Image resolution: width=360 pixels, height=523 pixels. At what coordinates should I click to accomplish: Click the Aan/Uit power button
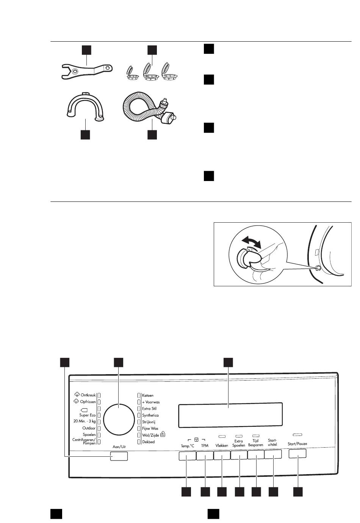(x=119, y=456)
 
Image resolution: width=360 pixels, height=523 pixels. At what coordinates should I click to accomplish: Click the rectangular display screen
(x=230, y=414)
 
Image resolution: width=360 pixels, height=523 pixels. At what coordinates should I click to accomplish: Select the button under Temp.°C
(x=187, y=456)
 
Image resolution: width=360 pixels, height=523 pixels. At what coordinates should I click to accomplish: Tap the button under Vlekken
(x=222, y=455)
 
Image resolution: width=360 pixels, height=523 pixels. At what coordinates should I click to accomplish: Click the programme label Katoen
(x=148, y=395)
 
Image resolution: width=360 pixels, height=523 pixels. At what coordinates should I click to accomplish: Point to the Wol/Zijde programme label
(x=150, y=435)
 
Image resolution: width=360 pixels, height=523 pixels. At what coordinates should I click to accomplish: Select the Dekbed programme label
(x=148, y=442)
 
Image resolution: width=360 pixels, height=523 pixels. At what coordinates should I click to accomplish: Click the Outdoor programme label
(x=89, y=428)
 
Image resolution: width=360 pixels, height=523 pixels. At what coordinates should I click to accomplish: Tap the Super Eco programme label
(x=87, y=415)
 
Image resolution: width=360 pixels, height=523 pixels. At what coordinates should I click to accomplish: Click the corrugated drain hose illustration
(x=144, y=108)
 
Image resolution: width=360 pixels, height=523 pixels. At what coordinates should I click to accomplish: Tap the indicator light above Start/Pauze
(x=297, y=434)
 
